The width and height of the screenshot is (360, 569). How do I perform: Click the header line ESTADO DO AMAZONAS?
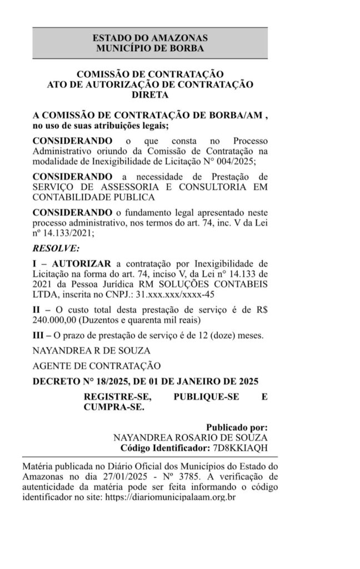[x=150, y=38]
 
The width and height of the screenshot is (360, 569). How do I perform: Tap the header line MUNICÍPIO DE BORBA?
[x=150, y=48]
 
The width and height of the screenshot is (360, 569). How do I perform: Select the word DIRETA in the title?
[x=150, y=95]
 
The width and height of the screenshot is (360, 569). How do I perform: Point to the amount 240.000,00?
[x=54, y=320]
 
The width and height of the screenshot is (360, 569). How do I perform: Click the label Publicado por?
[x=237, y=428]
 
